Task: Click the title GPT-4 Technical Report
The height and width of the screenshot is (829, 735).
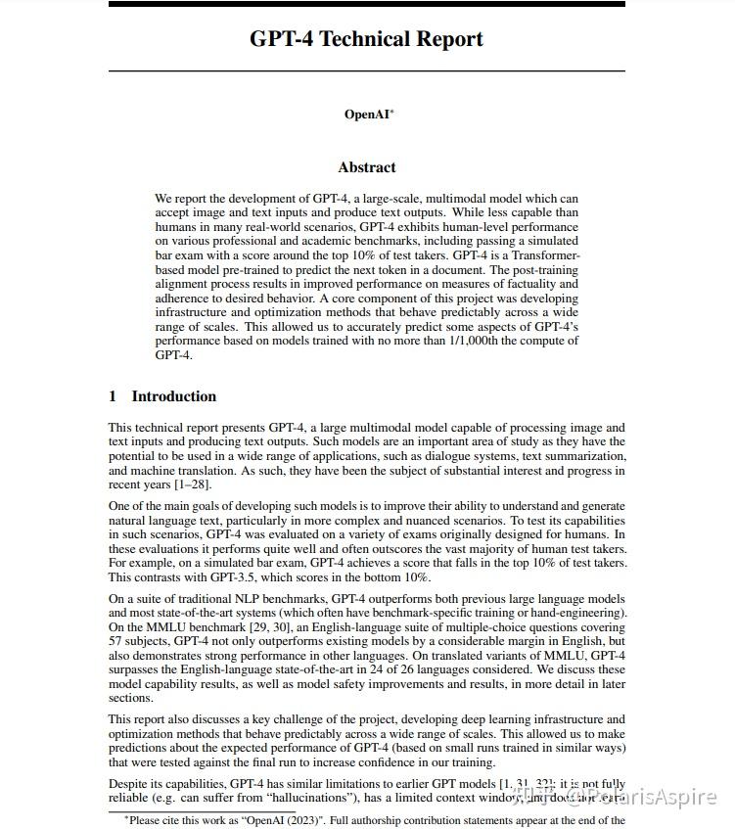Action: pyautogui.click(x=366, y=39)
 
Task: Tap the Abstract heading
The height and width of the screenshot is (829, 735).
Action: pyautogui.click(x=367, y=167)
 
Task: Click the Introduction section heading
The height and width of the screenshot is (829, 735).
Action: pyautogui.click(x=173, y=396)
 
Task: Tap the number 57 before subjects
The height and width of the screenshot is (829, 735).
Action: pyautogui.click(x=116, y=640)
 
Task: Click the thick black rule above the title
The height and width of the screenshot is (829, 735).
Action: pyautogui.click(x=366, y=4)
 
